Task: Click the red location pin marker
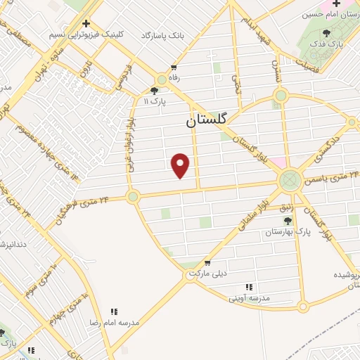pos(181,165)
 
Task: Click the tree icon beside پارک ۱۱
pos(154,91)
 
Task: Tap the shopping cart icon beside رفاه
pos(173,67)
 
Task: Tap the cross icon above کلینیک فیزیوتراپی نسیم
pos(86,23)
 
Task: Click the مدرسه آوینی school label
pos(249,298)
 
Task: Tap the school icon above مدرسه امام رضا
pos(114,311)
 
